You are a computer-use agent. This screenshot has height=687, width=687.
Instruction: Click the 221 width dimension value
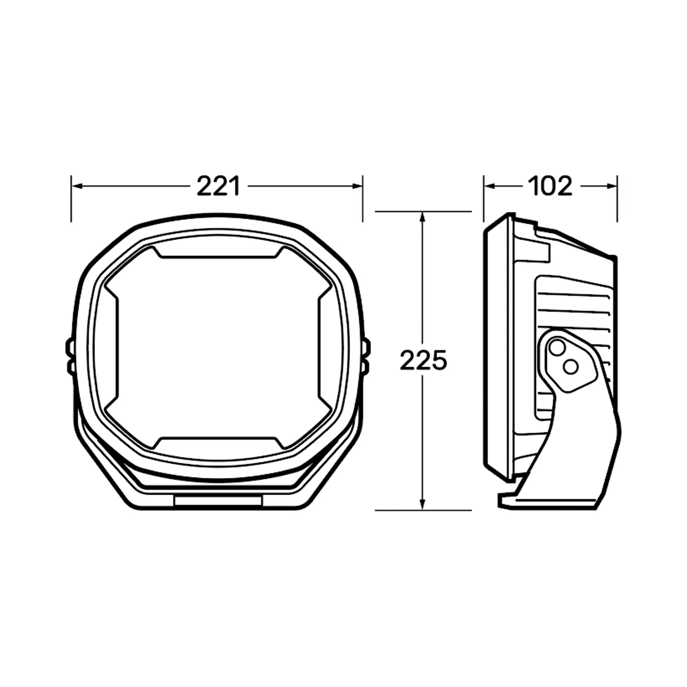pos(218,186)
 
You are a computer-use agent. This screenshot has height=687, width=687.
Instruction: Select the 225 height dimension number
pos(423,361)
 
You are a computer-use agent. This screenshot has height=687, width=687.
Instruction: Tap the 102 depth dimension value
pos(550,186)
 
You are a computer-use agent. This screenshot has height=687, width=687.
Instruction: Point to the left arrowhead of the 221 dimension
pos(76,186)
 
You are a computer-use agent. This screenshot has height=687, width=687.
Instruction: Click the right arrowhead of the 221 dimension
pos(358,186)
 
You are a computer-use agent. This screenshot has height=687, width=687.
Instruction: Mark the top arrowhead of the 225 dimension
pos(423,216)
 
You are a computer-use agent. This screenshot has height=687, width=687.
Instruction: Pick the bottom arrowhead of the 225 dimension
pos(423,505)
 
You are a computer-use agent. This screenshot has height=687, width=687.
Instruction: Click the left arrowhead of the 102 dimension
pos(489,186)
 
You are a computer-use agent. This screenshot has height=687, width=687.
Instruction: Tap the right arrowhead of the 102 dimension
pos(612,186)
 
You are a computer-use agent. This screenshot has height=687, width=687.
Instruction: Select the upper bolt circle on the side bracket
pos(557,347)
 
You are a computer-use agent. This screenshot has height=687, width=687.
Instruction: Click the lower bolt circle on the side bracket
pos(571,367)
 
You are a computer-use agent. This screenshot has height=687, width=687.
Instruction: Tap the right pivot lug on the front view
pos(366,356)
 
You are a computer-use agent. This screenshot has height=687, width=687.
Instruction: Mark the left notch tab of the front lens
pos(111,348)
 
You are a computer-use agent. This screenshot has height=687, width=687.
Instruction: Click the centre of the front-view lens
pos(218,348)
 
